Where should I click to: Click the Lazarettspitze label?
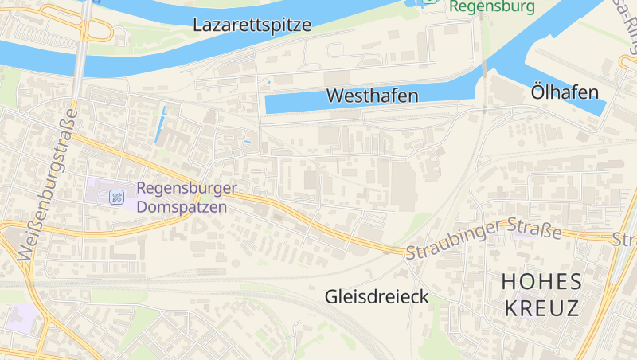point(252,25)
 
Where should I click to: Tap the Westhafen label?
point(372,96)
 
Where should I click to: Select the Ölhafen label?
point(565,93)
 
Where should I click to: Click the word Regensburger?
point(186,189)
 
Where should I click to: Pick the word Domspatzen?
point(182,207)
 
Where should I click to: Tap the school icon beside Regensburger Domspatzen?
point(116,196)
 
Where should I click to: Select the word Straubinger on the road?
point(455,240)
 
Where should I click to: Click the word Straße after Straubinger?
point(536,229)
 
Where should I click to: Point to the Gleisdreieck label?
point(377,297)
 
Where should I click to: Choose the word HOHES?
point(541,281)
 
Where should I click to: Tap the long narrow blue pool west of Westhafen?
point(161,126)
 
